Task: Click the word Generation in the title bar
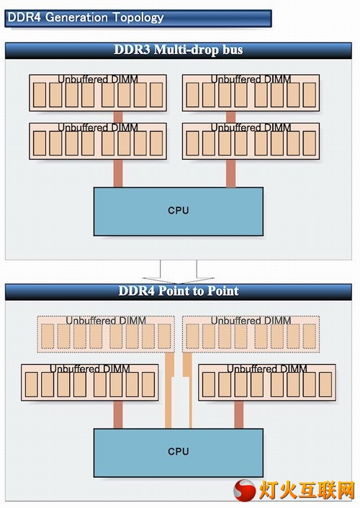(x=76, y=17)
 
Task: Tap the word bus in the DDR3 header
(x=233, y=50)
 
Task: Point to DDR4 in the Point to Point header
(x=137, y=291)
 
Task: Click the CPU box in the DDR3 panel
(x=179, y=212)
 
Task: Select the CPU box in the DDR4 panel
(x=179, y=453)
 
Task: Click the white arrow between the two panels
(x=179, y=272)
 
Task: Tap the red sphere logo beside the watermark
(x=245, y=491)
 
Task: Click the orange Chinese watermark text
(x=307, y=491)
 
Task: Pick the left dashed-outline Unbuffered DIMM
(x=106, y=334)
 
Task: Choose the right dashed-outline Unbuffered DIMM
(x=251, y=334)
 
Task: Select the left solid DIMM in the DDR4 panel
(x=90, y=382)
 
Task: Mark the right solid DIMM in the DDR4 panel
(x=267, y=382)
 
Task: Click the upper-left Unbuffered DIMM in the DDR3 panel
(x=98, y=93)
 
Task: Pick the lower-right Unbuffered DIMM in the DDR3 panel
(x=251, y=141)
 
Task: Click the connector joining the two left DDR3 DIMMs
(x=118, y=117)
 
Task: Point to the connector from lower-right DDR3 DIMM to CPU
(x=231, y=173)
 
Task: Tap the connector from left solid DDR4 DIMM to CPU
(x=118, y=414)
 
